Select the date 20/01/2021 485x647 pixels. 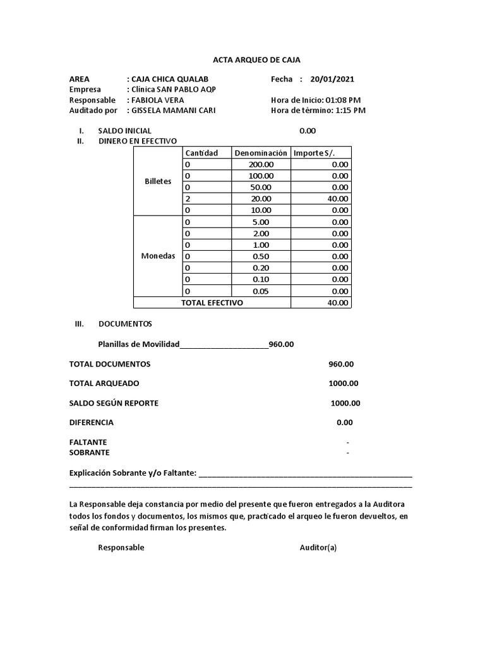(332, 79)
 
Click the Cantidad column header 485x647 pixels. (201, 153)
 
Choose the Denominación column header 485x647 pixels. (261, 153)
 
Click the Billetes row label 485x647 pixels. (158, 181)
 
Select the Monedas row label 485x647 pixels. (158, 257)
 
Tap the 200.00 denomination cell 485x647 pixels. (261, 164)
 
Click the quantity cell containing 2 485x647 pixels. (187, 198)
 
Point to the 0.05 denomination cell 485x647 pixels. (261, 291)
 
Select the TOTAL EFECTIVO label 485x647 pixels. (212, 303)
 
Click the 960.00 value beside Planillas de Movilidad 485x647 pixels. (281, 344)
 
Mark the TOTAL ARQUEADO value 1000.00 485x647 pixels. (343, 384)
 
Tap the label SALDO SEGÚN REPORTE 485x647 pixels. (114, 403)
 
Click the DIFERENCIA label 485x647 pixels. (91, 422)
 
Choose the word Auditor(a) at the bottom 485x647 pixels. (318, 548)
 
